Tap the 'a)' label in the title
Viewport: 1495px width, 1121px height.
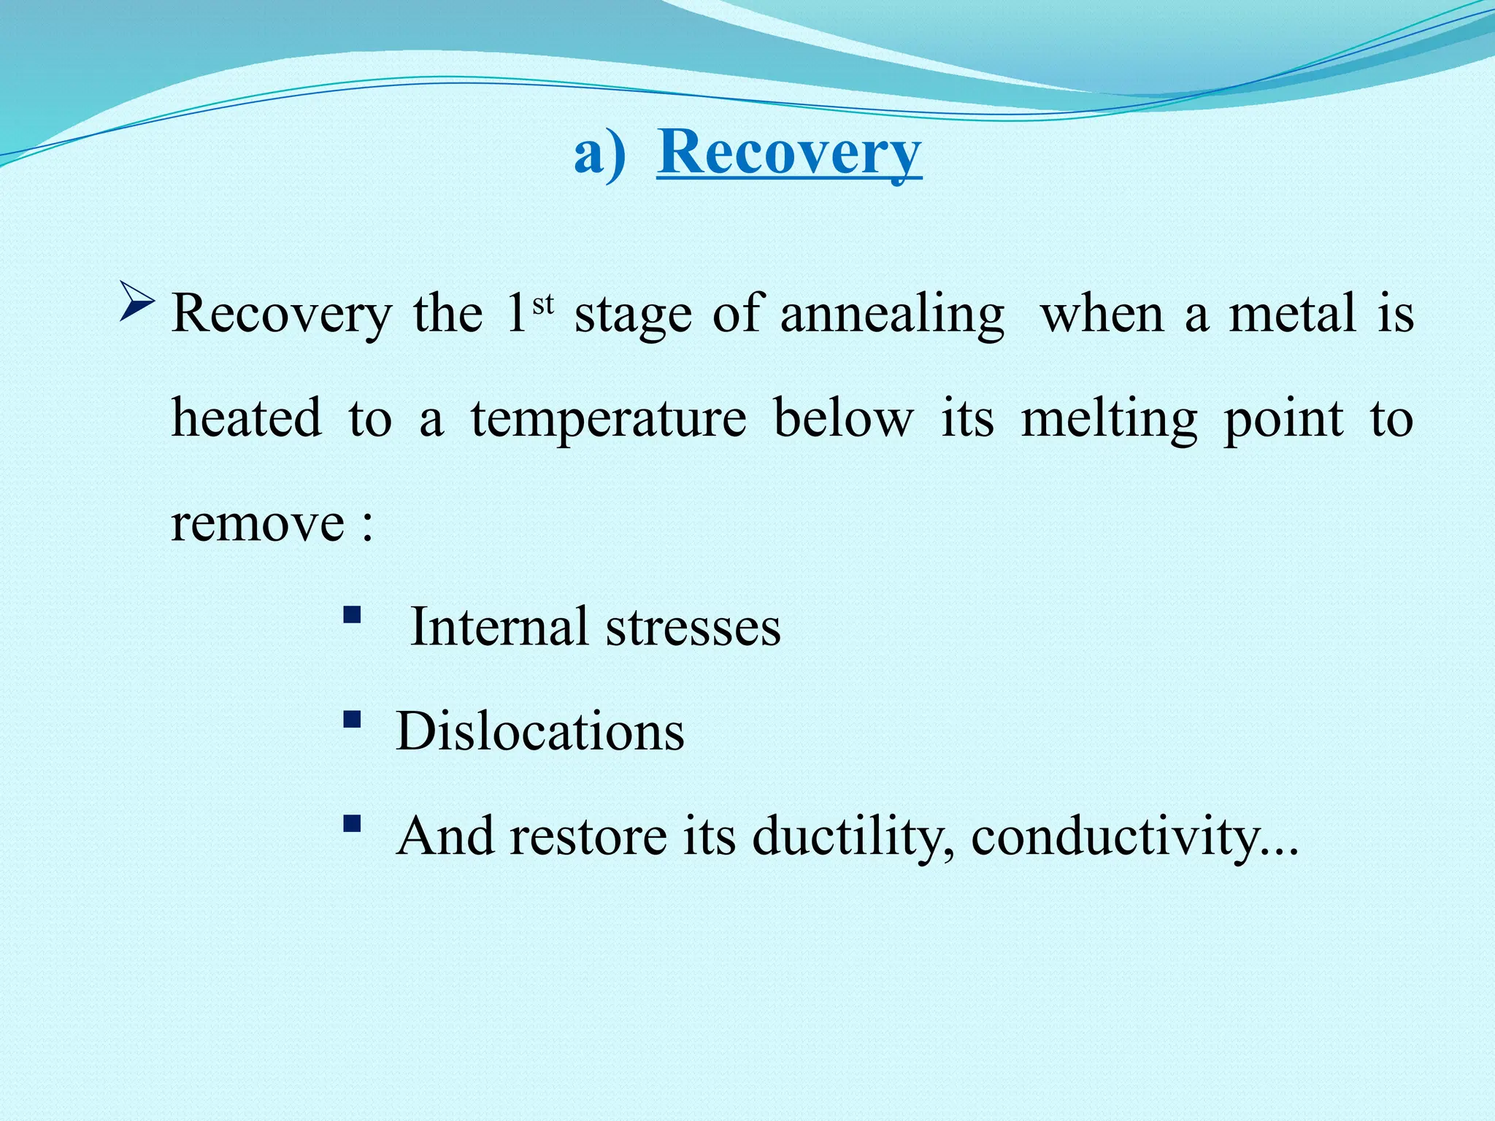pyautogui.click(x=599, y=155)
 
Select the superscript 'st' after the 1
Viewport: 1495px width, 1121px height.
pyautogui.click(x=543, y=304)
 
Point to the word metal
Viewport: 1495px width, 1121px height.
pyautogui.click(x=1292, y=314)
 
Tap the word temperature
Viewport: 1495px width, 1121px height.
pyautogui.click(x=608, y=420)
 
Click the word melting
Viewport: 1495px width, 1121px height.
pyautogui.click(x=1109, y=420)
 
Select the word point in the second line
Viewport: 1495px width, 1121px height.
pyautogui.click(x=1283, y=420)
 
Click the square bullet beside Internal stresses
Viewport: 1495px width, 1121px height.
pyautogui.click(x=352, y=615)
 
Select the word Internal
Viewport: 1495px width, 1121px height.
pyautogui.click(x=499, y=628)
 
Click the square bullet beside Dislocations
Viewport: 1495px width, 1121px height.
pyautogui.click(x=352, y=720)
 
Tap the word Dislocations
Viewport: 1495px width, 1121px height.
pyautogui.click(x=539, y=731)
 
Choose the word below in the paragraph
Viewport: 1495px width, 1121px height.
pyautogui.click(x=843, y=420)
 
